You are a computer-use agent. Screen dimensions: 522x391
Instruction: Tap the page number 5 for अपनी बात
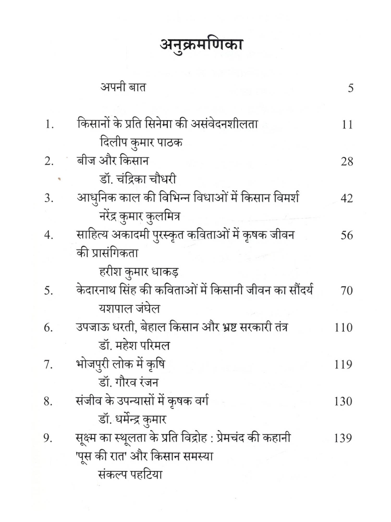coord(351,88)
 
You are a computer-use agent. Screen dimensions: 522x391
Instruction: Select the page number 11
coord(347,125)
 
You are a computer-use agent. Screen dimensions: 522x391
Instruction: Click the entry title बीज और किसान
coord(112,161)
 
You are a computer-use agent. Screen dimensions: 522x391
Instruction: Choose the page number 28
coord(347,162)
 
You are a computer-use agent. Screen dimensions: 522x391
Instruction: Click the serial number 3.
coord(49,198)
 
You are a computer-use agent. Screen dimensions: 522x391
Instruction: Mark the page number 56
coord(347,235)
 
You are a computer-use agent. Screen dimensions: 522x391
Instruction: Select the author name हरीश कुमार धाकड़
coord(139,272)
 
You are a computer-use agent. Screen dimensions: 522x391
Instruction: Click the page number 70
coord(346,291)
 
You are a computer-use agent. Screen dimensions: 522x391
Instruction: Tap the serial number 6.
coord(48,328)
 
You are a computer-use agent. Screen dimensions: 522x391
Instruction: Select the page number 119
coord(343,365)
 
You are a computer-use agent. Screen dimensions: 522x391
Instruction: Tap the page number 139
coord(343,438)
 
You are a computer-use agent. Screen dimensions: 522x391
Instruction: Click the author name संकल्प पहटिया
coord(131,474)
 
